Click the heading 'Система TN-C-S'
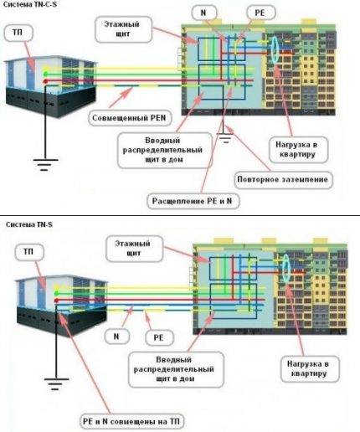(x=27, y=5)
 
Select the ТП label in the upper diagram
(x=18, y=32)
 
